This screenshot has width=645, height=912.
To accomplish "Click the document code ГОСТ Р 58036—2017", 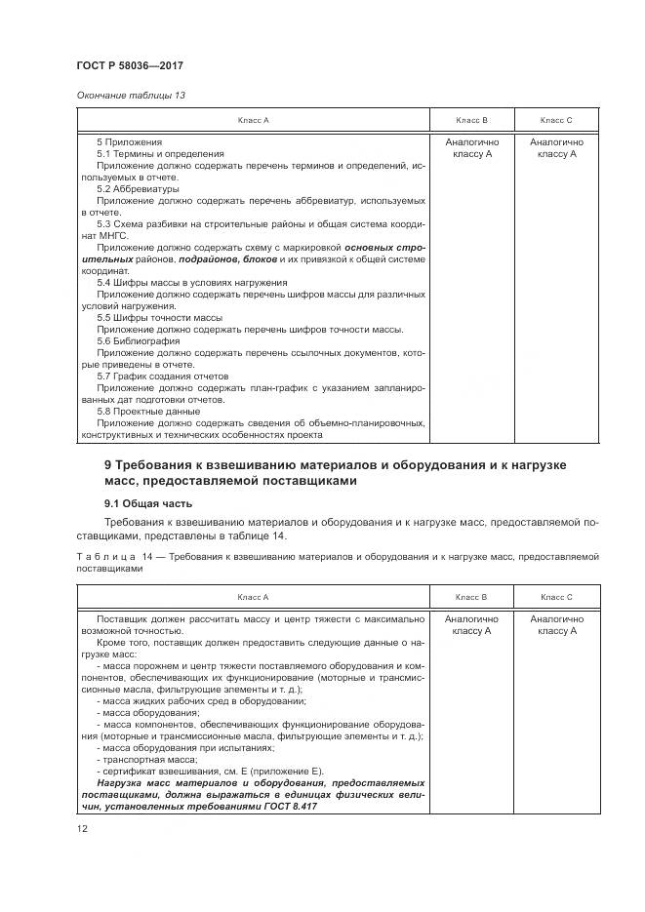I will coord(130,65).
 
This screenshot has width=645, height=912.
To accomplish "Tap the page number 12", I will coord(82,828).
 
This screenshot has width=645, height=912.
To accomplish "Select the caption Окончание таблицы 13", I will coord(130,95).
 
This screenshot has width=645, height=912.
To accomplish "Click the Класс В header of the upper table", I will coord(471,120).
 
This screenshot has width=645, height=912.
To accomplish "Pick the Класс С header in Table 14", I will coord(555,596).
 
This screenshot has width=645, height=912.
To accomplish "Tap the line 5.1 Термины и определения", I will coord(160,153).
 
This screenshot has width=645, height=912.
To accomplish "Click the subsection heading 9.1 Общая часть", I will coord(148,503).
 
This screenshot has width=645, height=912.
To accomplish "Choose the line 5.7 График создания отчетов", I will coord(162,377).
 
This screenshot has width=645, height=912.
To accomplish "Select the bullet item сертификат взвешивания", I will coord(156,772).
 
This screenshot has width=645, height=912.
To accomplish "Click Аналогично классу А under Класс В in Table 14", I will coord(471,625).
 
